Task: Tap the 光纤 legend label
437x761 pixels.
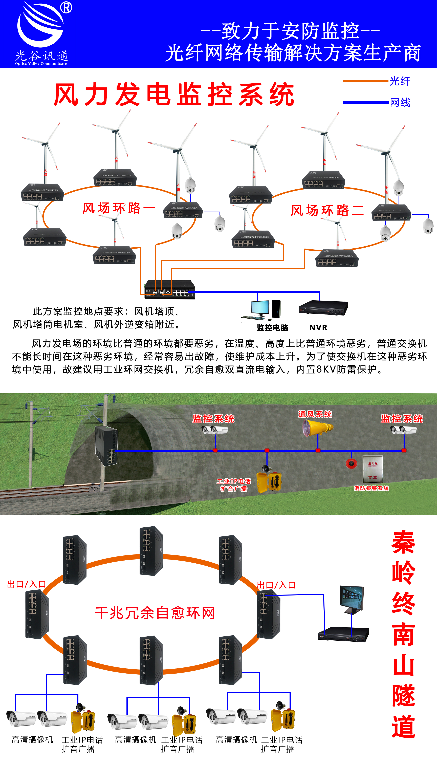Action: (x=400, y=81)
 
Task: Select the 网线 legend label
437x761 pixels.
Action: (x=400, y=102)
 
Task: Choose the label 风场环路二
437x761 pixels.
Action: (x=327, y=210)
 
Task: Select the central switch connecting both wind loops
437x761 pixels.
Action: (x=170, y=289)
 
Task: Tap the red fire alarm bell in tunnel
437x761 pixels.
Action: (x=351, y=463)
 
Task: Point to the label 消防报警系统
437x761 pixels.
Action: (x=371, y=488)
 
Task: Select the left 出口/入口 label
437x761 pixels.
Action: (x=26, y=584)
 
